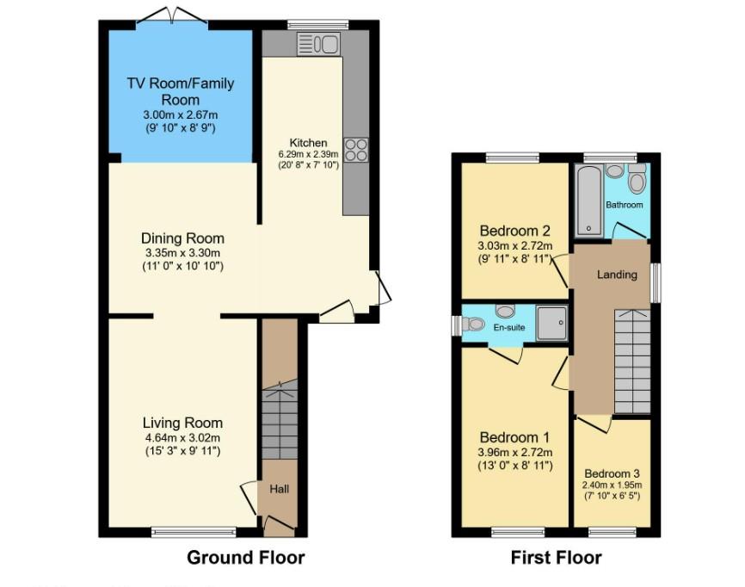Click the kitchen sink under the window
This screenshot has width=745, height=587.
pos(319,44)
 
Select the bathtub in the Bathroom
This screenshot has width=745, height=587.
pos(589,201)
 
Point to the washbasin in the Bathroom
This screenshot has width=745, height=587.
pos(614,171)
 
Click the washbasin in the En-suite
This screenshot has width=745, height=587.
pos(505,312)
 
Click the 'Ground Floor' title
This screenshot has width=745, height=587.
pos(245,558)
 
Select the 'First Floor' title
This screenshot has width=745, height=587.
pos(556,558)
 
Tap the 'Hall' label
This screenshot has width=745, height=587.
pos(280,489)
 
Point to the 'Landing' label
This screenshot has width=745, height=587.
pos(617,275)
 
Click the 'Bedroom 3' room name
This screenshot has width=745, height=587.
pos(612,473)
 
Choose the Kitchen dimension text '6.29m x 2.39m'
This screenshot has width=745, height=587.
pos(308,154)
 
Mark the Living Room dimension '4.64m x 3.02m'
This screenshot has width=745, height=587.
pos(182,437)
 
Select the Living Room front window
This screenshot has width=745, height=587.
pos(194,532)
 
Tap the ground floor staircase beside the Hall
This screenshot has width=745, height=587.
pos(278,422)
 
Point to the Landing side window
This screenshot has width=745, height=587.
pos(655,281)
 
